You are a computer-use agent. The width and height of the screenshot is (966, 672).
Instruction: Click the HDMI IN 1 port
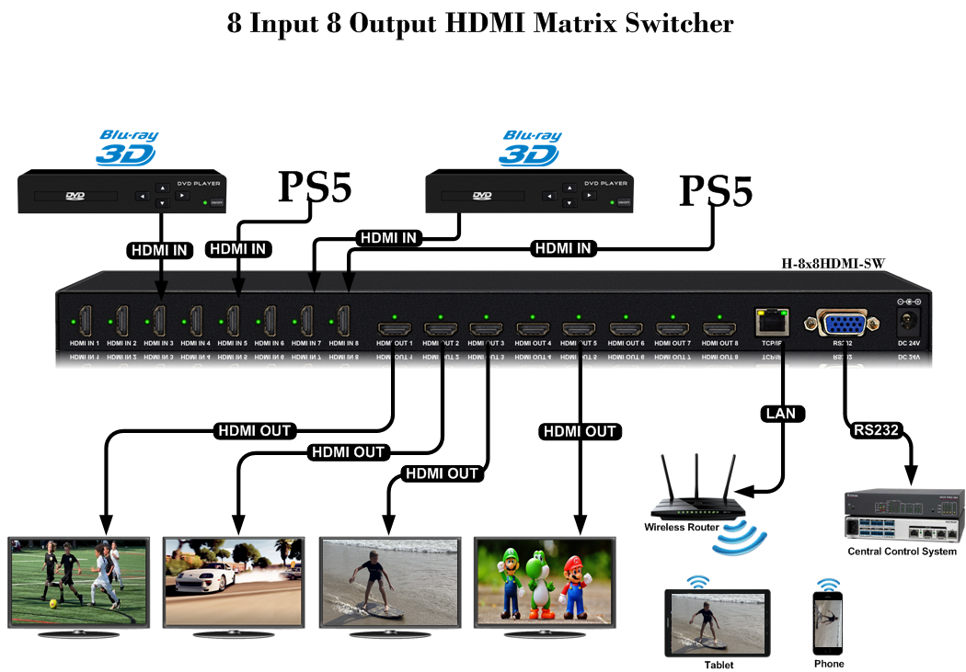[85, 321]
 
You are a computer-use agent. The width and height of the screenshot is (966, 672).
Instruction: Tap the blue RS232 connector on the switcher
[843, 324]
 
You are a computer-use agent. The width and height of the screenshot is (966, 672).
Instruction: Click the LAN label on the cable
[782, 415]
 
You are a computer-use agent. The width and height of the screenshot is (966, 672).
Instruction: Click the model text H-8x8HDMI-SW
[833, 264]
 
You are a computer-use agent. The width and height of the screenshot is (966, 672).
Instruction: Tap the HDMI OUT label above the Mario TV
[580, 431]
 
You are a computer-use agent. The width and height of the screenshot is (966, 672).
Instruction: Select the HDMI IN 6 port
[270, 321]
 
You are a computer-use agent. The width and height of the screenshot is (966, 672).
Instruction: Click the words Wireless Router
[682, 528]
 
